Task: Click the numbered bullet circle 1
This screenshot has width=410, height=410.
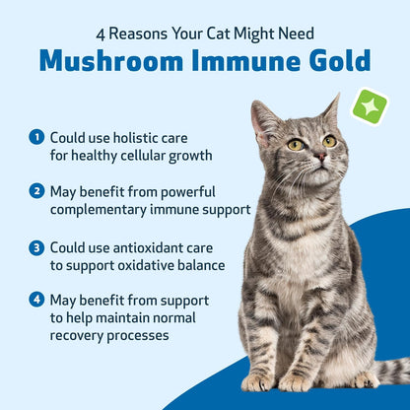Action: (36, 136)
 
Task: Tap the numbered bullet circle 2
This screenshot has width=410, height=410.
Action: (36, 191)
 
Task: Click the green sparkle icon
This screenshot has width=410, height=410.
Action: (370, 106)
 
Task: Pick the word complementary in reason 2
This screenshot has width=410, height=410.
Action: (103, 209)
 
